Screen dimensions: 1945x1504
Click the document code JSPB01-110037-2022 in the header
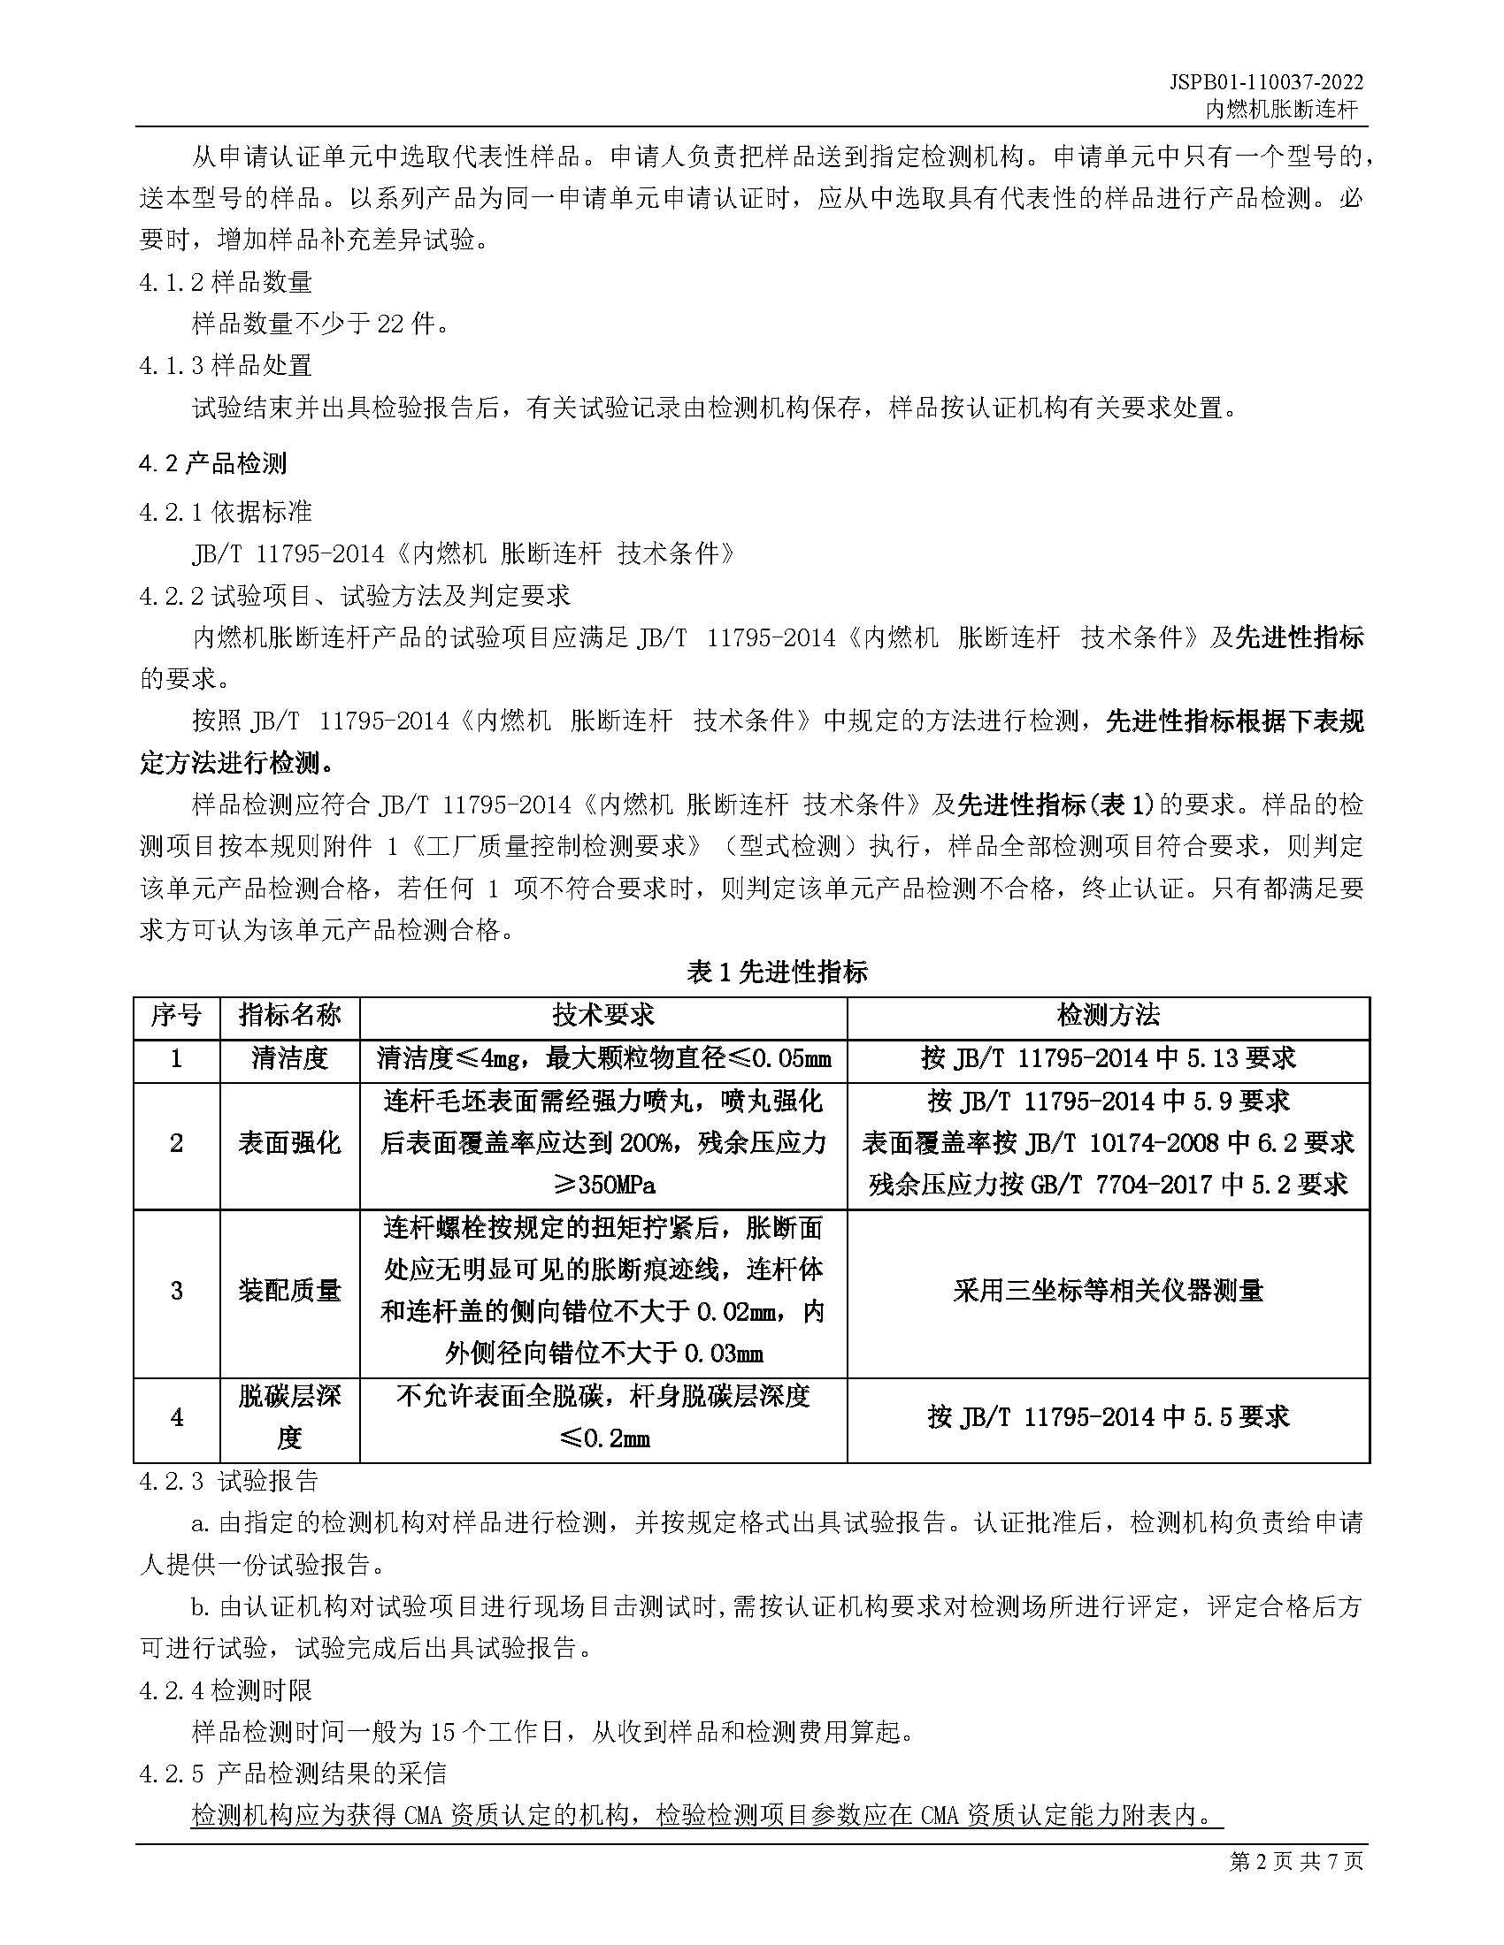point(1265,83)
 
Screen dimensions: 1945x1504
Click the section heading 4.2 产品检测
point(213,463)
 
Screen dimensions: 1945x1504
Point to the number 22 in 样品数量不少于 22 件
point(390,324)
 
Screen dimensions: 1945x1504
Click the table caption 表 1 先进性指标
point(776,972)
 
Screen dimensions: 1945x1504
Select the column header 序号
point(176,1014)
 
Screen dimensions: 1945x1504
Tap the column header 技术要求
point(603,1014)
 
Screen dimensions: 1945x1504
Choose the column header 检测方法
point(1108,1014)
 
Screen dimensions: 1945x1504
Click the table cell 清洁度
point(289,1058)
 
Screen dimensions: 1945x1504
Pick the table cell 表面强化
point(289,1142)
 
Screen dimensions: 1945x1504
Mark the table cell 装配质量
point(289,1291)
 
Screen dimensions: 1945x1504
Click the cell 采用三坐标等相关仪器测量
point(1108,1291)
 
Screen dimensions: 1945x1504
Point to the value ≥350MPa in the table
point(603,1185)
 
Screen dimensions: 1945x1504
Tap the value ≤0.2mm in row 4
point(603,1438)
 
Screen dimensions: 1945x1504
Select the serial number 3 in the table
point(176,1291)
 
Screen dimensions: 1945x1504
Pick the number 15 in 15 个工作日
point(443,1732)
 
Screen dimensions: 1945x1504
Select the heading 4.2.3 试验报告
point(229,1481)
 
